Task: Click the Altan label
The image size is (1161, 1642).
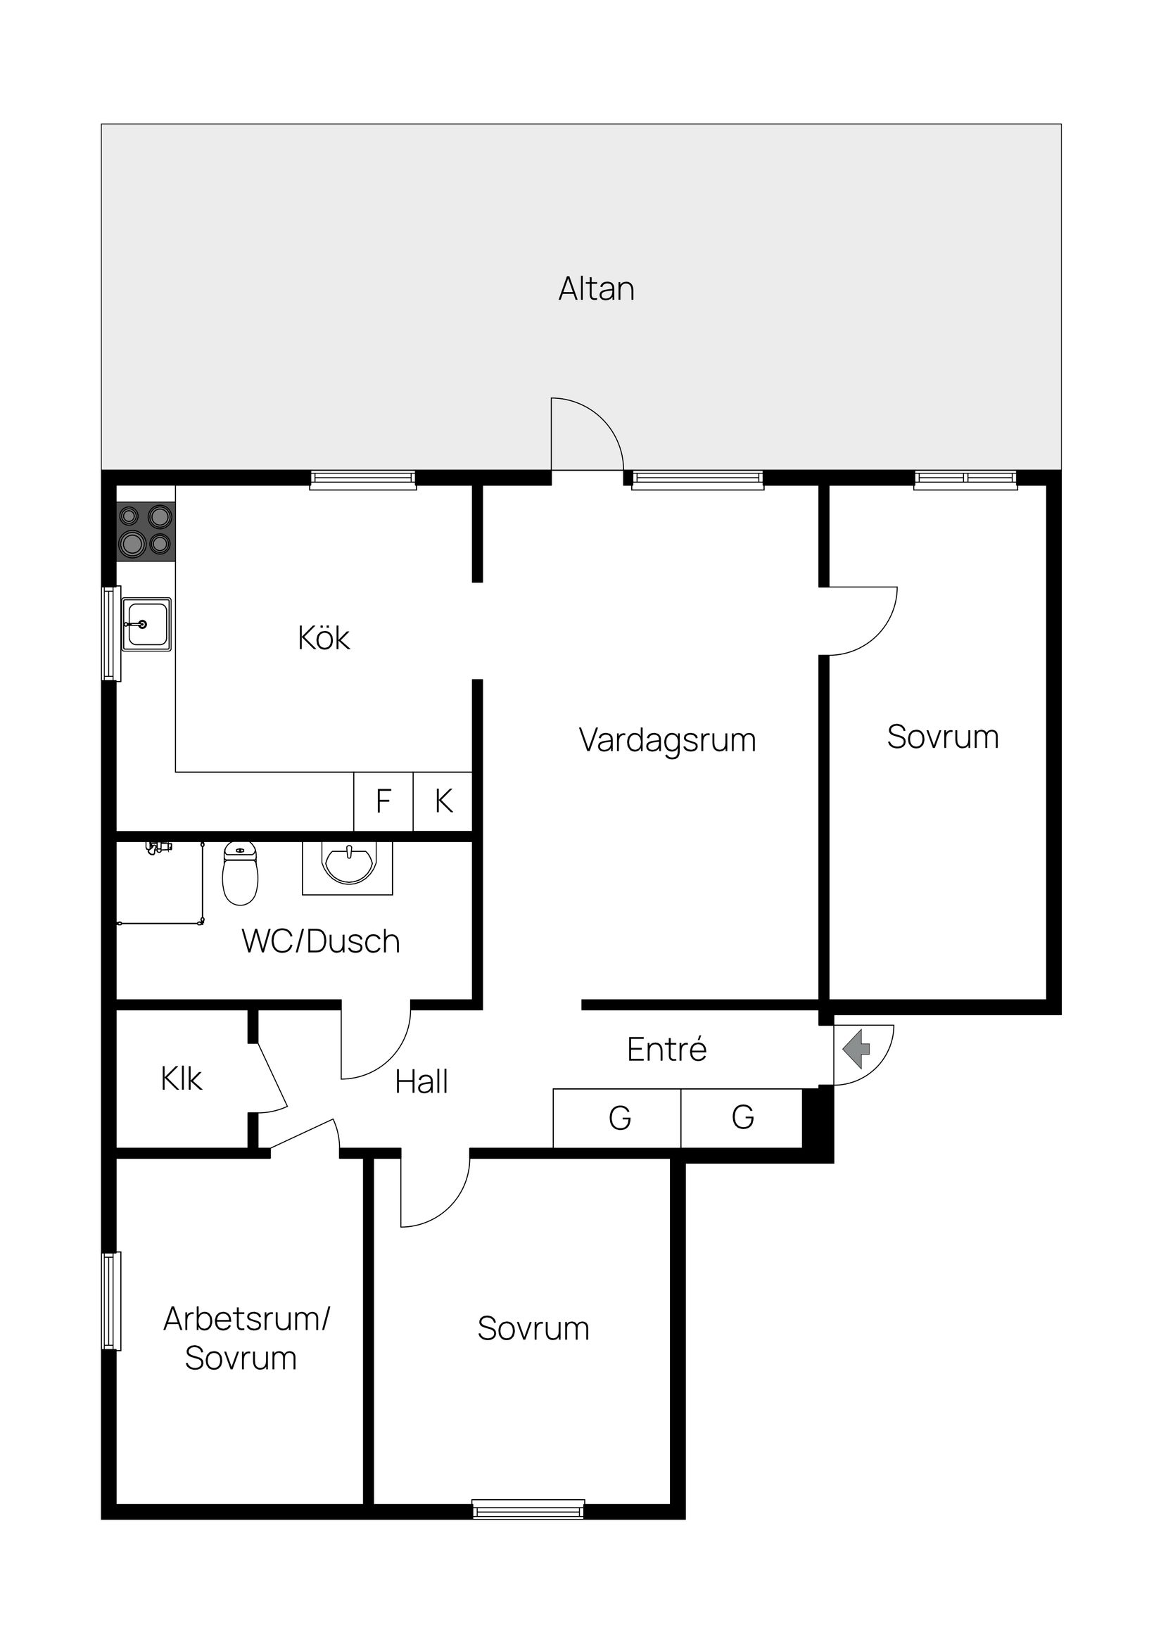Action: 596,289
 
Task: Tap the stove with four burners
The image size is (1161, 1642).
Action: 146,530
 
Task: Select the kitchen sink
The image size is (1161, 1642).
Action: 146,624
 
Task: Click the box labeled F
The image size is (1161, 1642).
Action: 383,801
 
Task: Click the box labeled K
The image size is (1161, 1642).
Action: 443,801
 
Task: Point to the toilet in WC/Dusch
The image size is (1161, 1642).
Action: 240,873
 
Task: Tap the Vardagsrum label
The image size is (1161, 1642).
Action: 667,739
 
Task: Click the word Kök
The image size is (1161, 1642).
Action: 324,638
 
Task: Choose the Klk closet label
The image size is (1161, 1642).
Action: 181,1078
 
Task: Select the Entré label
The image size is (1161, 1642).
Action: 667,1049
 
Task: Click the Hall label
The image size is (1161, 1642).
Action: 421,1081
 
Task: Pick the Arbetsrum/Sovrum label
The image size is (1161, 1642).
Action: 243,1337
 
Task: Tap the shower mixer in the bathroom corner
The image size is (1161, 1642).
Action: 158,848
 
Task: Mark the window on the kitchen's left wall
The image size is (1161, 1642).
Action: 111,633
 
